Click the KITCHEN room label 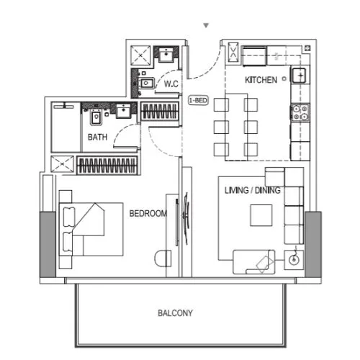click(261, 80)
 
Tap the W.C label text click(171, 84)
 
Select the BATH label click(99, 136)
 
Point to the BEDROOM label click(148, 213)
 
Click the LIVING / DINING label click(252, 190)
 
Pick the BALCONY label click(176, 313)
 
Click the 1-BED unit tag click(197, 101)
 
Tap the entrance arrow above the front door click(207, 25)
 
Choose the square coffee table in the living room click(261, 215)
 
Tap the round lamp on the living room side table click(293, 259)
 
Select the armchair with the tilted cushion click(253, 260)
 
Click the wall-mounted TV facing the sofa click(186, 213)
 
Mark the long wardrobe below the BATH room click(107, 165)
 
